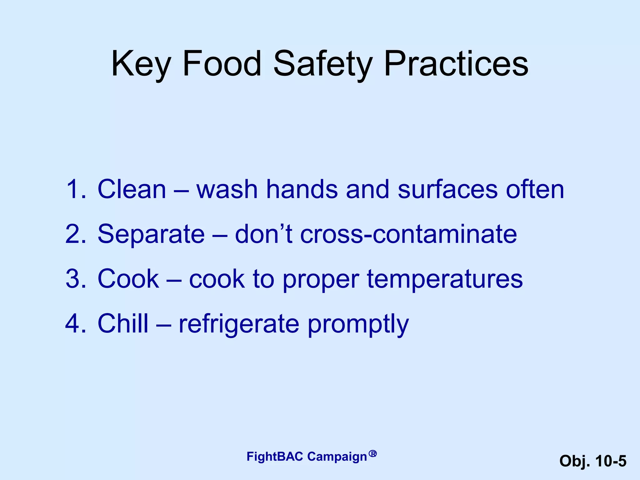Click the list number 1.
[75, 189]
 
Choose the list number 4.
[75, 323]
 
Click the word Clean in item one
[132, 189]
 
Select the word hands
[302, 189]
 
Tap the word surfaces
[447, 189]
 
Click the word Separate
[151, 234]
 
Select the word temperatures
[445, 279]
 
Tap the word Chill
[123, 323]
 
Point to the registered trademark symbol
[372, 453]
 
